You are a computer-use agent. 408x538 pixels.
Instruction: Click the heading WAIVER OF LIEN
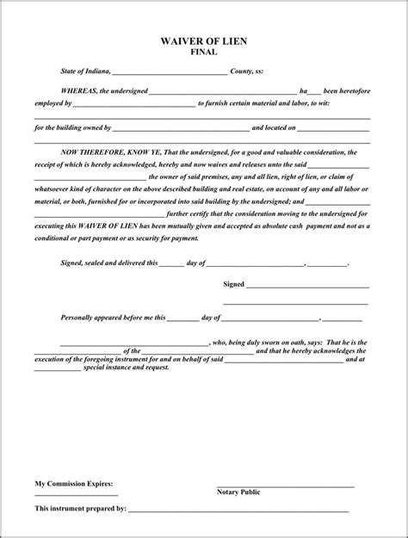pyautogui.click(x=204, y=40)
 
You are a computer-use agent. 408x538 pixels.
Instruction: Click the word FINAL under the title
pyautogui.click(x=203, y=52)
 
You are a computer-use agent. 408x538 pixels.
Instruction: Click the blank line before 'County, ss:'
pyautogui.click(x=170, y=74)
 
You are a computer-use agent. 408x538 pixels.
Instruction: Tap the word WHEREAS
pyautogui.click(x=78, y=90)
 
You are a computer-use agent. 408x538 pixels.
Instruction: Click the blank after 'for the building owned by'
pyautogui.click(x=182, y=128)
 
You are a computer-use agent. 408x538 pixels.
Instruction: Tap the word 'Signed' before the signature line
pyautogui.click(x=233, y=283)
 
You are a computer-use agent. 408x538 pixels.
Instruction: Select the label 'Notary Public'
pyautogui.click(x=238, y=492)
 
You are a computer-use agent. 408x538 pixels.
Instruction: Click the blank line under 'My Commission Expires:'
pyautogui.click(x=76, y=495)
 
